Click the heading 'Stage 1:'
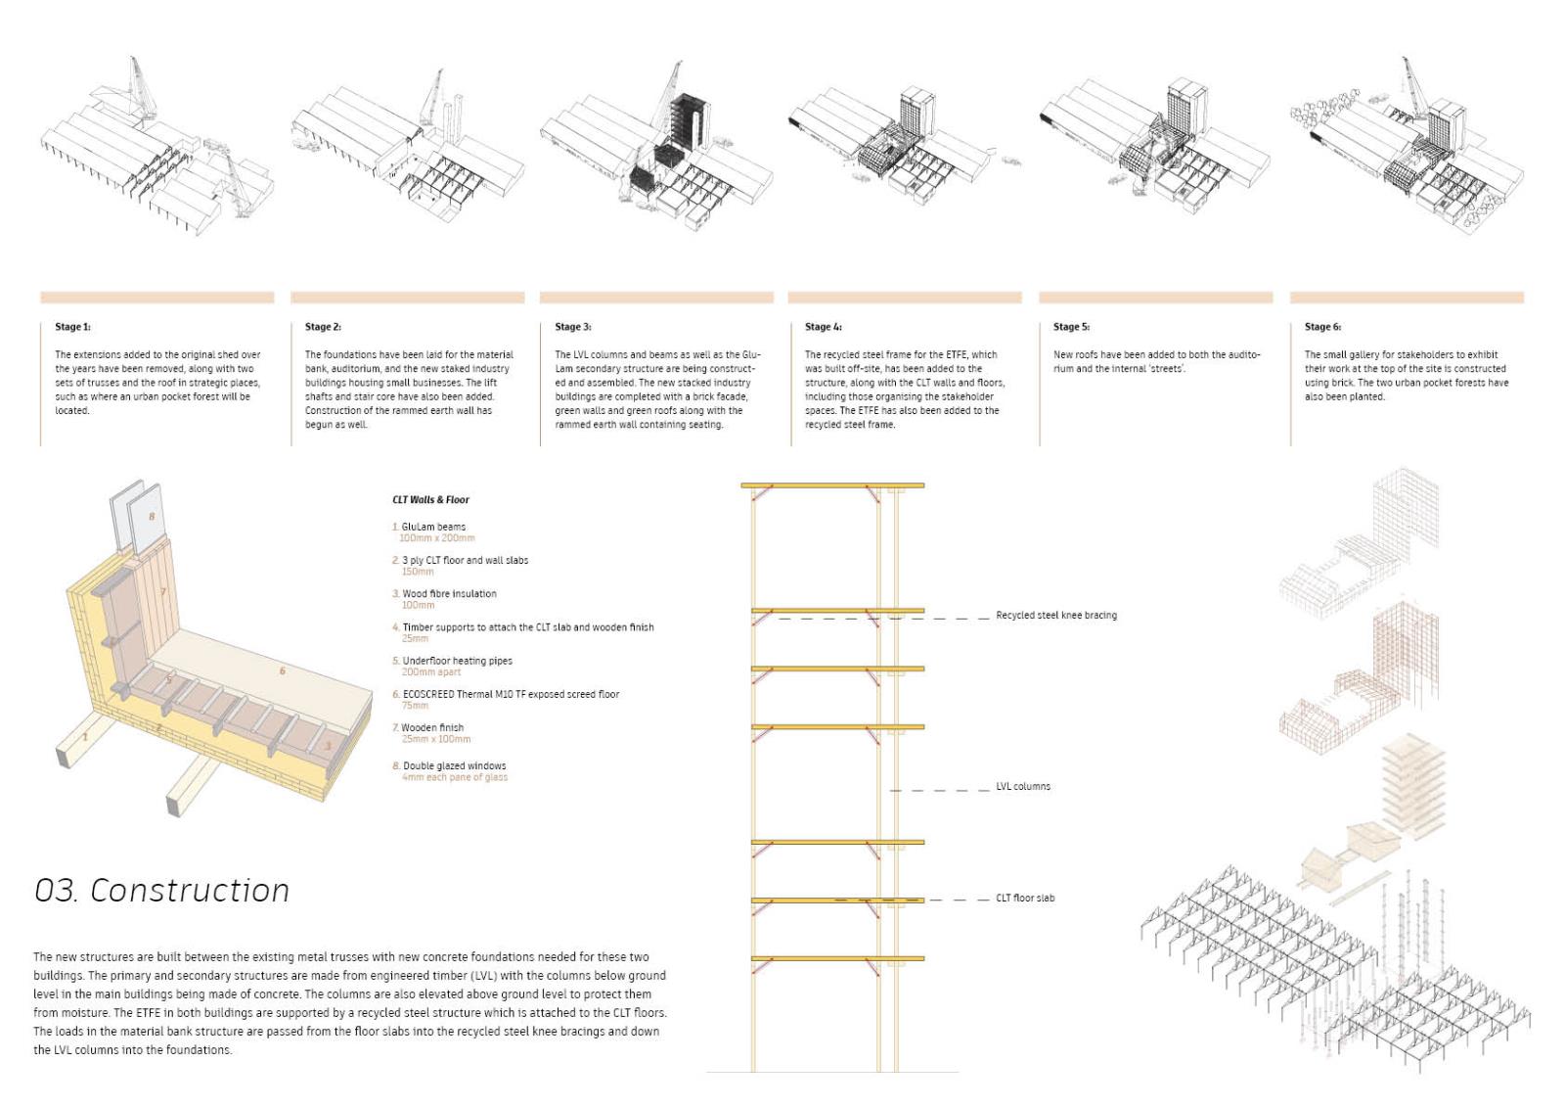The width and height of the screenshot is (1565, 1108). pyautogui.click(x=72, y=327)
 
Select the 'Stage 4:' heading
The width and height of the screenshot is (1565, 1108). pyautogui.click(x=823, y=327)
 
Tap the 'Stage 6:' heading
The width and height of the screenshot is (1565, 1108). pyautogui.click(x=1322, y=327)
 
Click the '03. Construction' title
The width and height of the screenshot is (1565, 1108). pyautogui.click(x=162, y=890)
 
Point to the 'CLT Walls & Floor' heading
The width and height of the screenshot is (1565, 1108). pyautogui.click(x=430, y=500)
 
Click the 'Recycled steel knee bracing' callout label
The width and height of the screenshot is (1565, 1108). pyautogui.click(x=1055, y=616)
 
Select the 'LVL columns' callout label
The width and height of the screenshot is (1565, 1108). pyautogui.click(x=1023, y=787)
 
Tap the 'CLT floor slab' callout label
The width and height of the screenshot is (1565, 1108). pyautogui.click(x=1025, y=899)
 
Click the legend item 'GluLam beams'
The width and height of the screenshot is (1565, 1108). pyautogui.click(x=433, y=527)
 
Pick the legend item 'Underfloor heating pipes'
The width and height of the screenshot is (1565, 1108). pyautogui.click(x=457, y=661)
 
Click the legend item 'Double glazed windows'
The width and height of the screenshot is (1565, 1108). pyautogui.click(x=454, y=766)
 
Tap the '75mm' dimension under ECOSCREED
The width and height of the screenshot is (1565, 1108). pyautogui.click(x=415, y=706)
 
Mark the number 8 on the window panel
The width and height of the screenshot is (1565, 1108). pyautogui.click(x=152, y=516)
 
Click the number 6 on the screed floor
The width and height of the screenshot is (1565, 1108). pyautogui.click(x=283, y=671)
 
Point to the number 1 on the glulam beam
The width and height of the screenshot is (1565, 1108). pyautogui.click(x=85, y=737)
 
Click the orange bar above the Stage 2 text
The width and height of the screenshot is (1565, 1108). pyautogui.click(x=407, y=298)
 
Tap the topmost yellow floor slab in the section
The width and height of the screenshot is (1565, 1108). pyautogui.click(x=832, y=485)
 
